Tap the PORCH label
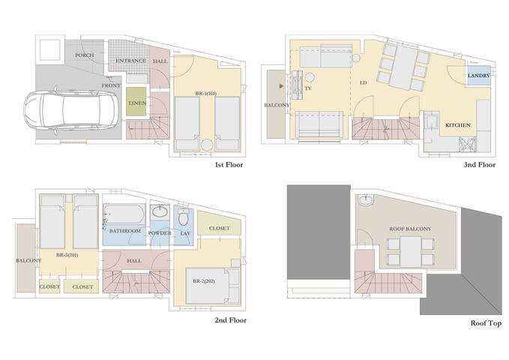84,56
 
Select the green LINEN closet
137,103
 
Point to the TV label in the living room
308,88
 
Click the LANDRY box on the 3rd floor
478,76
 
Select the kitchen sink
432,121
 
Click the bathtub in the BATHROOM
125,214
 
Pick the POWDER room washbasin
160,212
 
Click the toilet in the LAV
184,220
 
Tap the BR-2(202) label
204,280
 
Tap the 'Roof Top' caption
485,323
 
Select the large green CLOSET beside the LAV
219,228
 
